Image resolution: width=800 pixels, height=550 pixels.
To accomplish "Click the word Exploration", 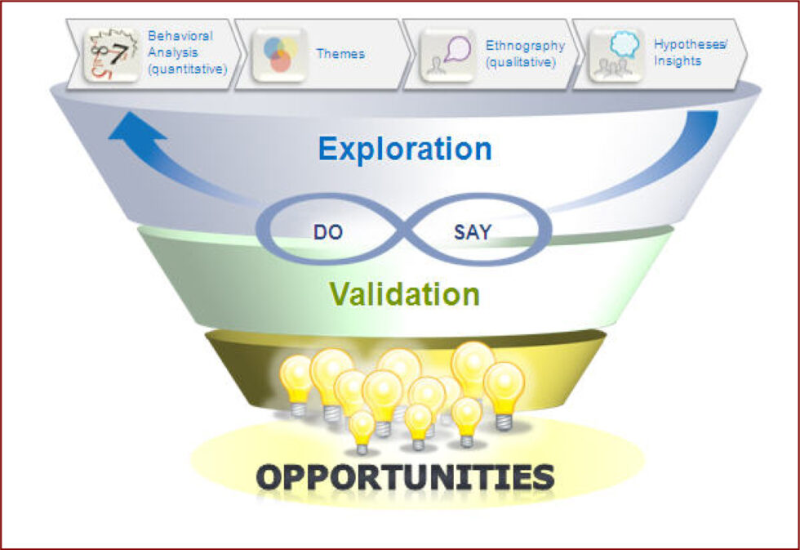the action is click(405, 149).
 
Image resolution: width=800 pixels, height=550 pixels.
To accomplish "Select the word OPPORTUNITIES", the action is click(405, 477).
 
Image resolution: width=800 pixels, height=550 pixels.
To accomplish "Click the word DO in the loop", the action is click(327, 232).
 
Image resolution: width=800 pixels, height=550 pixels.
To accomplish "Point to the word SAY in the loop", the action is click(473, 232).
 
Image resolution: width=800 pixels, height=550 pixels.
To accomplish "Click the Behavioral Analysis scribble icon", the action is click(112, 55).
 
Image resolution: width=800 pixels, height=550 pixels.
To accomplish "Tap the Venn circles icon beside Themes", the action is click(279, 55).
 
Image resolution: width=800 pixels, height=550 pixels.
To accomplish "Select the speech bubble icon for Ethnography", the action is click(448, 55).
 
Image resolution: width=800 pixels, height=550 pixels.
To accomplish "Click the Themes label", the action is click(340, 54).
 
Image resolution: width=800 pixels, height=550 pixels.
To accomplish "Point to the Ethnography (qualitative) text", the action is click(525, 54).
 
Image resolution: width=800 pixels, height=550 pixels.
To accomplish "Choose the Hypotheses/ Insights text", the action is click(691, 52).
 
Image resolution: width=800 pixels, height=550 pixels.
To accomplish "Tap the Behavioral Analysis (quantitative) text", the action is click(187, 52).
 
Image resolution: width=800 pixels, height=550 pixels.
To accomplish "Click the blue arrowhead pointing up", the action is click(136, 127).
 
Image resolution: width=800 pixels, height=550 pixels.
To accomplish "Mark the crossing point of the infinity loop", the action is click(403, 230).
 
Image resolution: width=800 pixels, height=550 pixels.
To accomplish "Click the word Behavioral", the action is click(180, 36).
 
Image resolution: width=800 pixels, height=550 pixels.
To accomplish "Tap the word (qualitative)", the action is click(521, 62).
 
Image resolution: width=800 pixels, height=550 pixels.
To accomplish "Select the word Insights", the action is click(678, 60).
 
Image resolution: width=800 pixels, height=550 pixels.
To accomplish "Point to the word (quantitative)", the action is click(187, 69).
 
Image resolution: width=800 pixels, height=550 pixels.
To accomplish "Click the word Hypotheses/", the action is click(691, 44).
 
